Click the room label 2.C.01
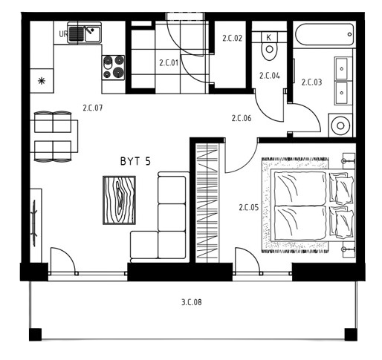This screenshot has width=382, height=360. (x=169, y=62)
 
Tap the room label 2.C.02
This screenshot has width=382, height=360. (x=232, y=38)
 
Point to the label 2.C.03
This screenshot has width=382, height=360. (x=311, y=82)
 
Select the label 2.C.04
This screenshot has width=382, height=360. (x=270, y=76)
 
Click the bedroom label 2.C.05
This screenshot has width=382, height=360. (x=249, y=207)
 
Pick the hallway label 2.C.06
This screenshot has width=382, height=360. (x=242, y=118)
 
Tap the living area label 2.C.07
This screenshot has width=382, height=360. (x=93, y=108)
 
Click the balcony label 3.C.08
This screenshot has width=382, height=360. (x=192, y=302)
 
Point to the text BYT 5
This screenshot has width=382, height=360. (x=135, y=161)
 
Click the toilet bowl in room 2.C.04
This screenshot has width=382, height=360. (x=269, y=51)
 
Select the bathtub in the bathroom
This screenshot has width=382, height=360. (x=325, y=34)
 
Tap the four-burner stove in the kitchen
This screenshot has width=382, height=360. (x=113, y=68)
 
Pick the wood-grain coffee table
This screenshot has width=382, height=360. (x=119, y=200)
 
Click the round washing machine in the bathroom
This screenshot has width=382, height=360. (x=340, y=125)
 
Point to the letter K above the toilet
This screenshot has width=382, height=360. (x=269, y=37)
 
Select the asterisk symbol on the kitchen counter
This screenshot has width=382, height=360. (x=42, y=81)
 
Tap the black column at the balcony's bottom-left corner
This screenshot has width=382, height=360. (x=35, y=335)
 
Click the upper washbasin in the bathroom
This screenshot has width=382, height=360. (x=342, y=68)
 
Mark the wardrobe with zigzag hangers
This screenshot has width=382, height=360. (x=207, y=203)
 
